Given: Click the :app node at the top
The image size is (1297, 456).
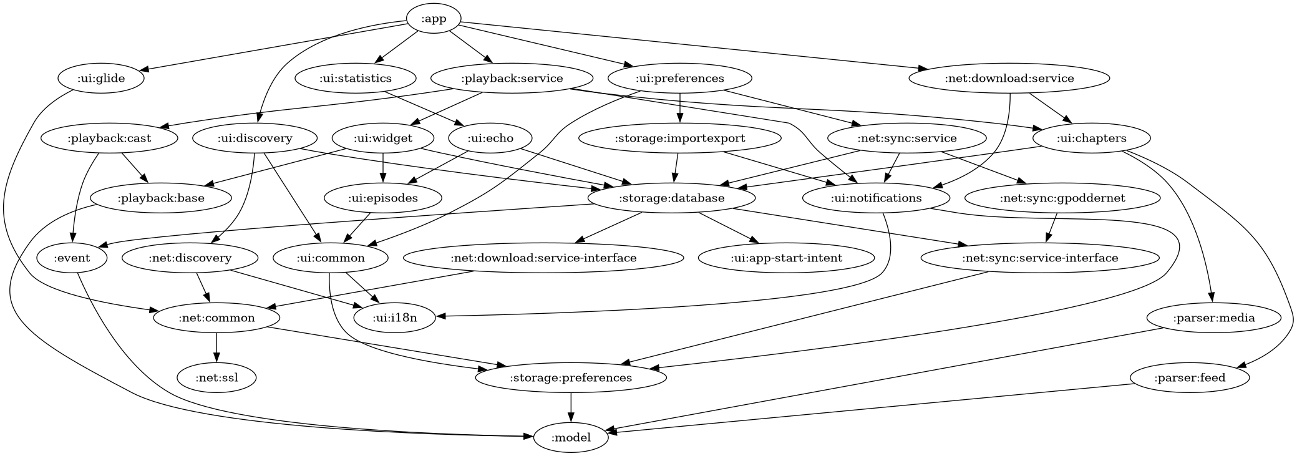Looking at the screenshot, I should [x=434, y=19].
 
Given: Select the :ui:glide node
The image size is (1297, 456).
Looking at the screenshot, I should [x=101, y=79].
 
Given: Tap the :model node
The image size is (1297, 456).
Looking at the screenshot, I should [x=571, y=438].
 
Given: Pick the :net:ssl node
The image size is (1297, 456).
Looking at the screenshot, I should [x=216, y=378].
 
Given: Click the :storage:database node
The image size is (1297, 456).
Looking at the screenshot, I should [x=671, y=198].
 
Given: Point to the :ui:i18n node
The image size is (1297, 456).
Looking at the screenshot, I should [x=394, y=318].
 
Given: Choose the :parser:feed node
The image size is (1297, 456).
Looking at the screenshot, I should [x=1190, y=378].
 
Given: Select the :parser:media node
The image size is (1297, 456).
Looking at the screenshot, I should [x=1213, y=318].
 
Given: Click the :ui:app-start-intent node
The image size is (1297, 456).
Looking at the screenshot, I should [x=786, y=258].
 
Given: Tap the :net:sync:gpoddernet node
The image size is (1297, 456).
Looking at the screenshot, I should [x=1062, y=198].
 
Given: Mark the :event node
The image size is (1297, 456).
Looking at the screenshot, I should [x=72, y=258].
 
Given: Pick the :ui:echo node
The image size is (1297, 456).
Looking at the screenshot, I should [x=490, y=138].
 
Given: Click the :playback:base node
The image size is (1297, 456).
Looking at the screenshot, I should [x=161, y=198].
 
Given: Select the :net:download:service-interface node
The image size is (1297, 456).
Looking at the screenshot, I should [x=543, y=258].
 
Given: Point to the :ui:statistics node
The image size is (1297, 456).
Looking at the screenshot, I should [x=355, y=79].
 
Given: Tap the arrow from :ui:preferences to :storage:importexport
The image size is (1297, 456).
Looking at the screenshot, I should [x=679, y=109].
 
